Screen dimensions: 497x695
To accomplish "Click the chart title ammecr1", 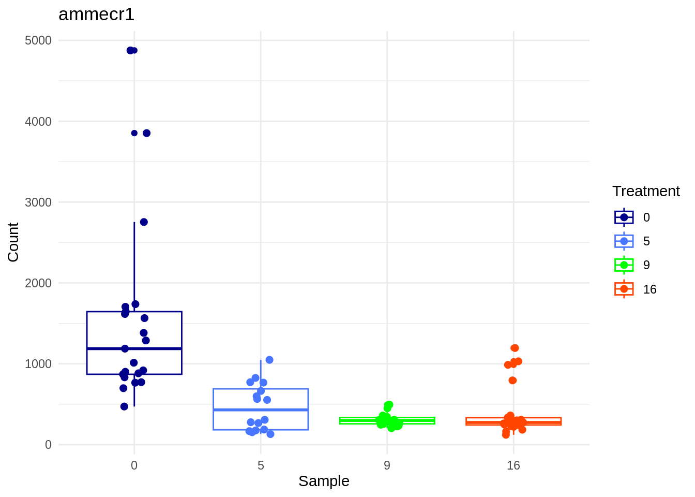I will [x=97, y=14].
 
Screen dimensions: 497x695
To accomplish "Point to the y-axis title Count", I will [x=13, y=242].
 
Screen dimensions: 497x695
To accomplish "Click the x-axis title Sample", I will [x=324, y=481].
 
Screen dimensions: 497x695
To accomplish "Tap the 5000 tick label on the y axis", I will [x=38, y=40].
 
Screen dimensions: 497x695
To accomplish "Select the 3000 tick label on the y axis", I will [x=38, y=202].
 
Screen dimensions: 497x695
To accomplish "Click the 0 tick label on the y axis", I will [x=48, y=445].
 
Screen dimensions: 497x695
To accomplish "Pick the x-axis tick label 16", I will [x=513, y=465].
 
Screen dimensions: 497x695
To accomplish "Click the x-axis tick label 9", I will [x=387, y=465].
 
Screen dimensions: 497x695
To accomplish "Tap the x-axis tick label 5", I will [x=261, y=465].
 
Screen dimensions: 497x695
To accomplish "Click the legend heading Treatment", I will [x=646, y=191].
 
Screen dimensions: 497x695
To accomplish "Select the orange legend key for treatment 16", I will [x=624, y=289].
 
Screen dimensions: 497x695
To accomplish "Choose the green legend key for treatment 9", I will [x=624, y=265].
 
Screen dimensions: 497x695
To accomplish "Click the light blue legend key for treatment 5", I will [x=624, y=241].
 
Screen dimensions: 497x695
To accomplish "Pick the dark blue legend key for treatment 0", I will [x=624, y=217].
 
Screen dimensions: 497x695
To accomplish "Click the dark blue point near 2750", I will [x=144, y=222].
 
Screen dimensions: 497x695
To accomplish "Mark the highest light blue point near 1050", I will [x=269, y=360].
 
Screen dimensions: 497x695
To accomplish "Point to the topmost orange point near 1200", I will [x=515, y=348].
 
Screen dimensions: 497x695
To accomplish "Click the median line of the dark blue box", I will [x=134, y=348].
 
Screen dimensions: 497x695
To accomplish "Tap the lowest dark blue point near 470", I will [x=124, y=406].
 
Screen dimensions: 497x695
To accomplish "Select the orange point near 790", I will [x=512, y=381].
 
